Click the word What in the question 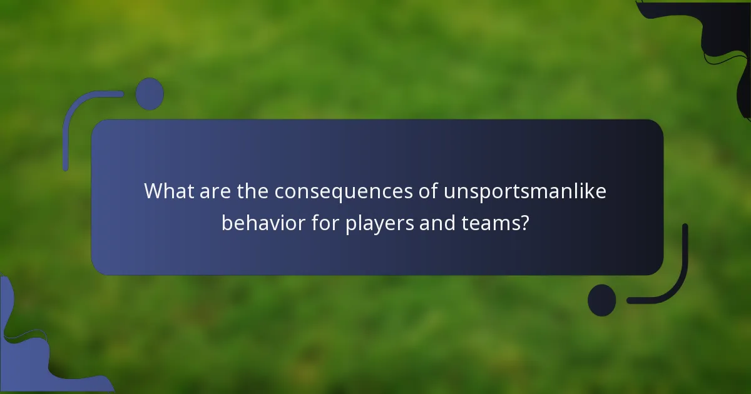point(166,191)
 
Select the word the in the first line point(252,191)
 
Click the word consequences point(343,191)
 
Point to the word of point(429,191)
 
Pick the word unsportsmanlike point(525,191)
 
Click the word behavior point(263,223)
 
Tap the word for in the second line point(325,223)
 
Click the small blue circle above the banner point(150,94)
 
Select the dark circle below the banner point(602,300)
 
